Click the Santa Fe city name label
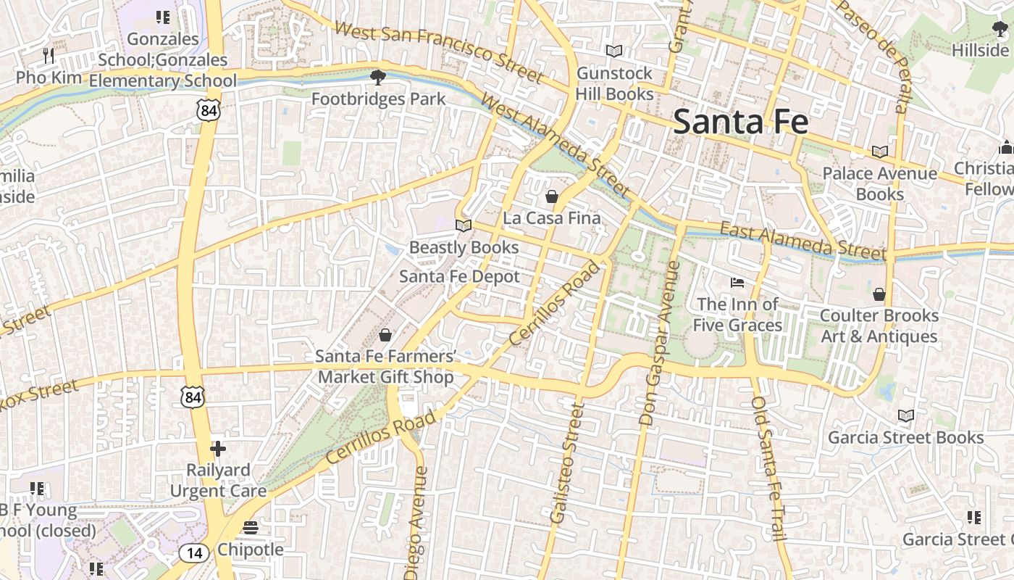[740, 122]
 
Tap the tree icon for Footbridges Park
[377, 77]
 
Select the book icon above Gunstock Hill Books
[614, 51]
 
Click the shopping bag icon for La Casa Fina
[552, 196]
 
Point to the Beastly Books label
[464, 247]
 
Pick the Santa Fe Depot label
[459, 276]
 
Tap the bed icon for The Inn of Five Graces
[737, 282]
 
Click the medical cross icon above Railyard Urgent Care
[218, 449]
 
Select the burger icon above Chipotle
[251, 528]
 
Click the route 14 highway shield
[193, 553]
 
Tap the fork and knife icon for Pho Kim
[48, 55]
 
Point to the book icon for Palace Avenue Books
[879, 152]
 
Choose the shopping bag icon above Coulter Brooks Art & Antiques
[879, 294]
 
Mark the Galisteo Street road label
[567, 464]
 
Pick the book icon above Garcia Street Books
[905, 415]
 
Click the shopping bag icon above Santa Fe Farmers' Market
[385, 335]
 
